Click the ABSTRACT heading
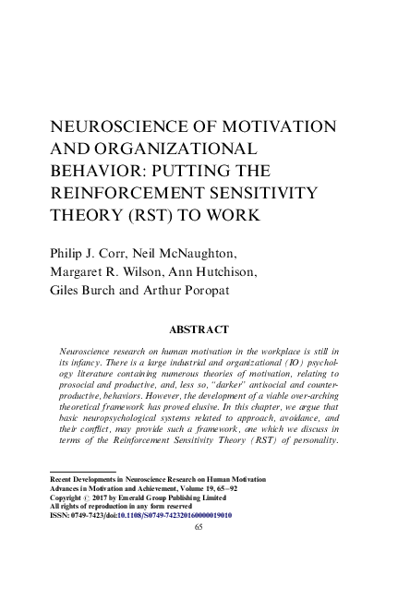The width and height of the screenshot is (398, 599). tap(199, 329)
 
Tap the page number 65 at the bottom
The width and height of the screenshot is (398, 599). tap(199, 528)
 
